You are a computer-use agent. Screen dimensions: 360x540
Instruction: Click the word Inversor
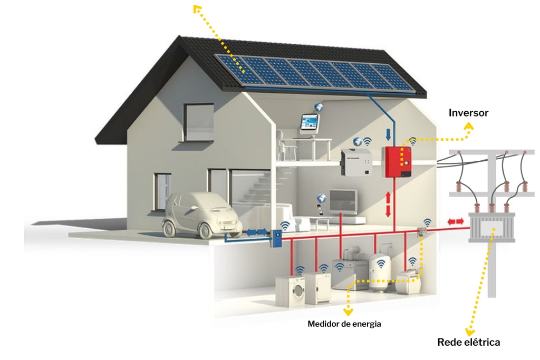click(x=468, y=113)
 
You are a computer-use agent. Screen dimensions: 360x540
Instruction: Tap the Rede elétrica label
click(x=468, y=342)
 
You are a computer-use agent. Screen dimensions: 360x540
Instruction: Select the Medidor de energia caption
click(x=344, y=324)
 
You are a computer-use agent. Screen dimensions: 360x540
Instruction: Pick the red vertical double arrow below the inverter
click(x=389, y=204)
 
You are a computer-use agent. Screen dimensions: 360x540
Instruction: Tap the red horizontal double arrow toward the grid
click(x=457, y=222)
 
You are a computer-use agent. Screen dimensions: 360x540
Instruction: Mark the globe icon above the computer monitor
click(x=319, y=107)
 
